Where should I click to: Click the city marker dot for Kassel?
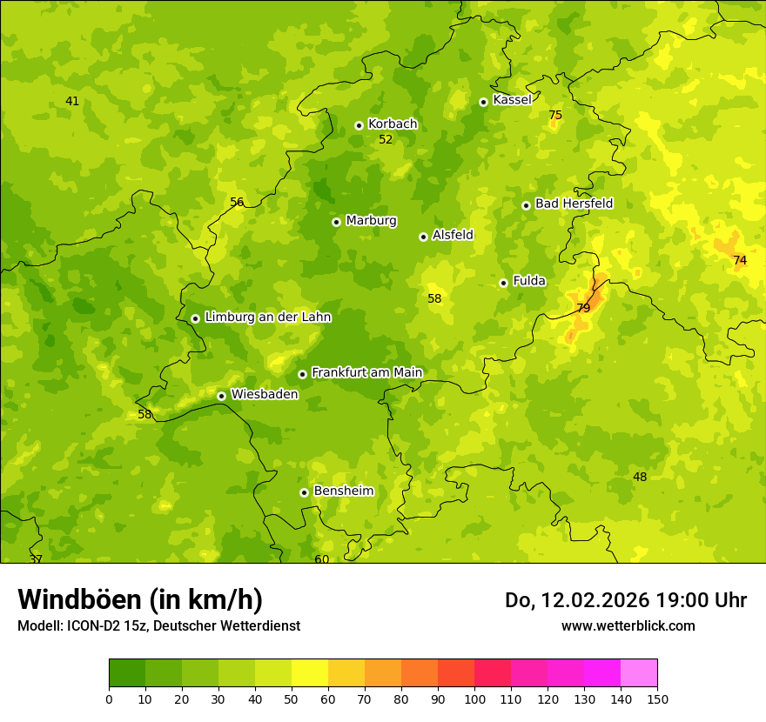[483, 102]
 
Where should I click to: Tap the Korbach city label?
[393, 124]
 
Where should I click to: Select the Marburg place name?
[371, 220]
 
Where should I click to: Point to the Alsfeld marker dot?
[423, 237]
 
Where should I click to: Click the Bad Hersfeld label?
[574, 204]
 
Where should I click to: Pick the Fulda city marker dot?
[503, 283]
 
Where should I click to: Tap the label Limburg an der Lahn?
[267, 317]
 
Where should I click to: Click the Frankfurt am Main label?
[366, 372]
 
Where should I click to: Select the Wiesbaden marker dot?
[221, 396]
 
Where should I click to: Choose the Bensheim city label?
[343, 491]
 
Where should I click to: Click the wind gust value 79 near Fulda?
[583, 308]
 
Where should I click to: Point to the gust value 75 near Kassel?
[555, 115]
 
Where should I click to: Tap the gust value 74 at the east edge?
[740, 260]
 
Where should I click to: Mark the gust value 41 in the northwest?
[72, 101]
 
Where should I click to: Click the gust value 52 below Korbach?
[386, 139]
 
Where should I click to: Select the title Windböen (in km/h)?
[140, 599]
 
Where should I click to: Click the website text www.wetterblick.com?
[628, 625]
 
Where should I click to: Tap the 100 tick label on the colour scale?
[474, 699]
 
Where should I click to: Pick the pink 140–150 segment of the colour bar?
[639, 673]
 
